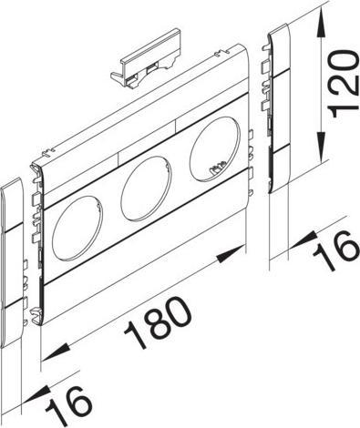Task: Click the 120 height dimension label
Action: coord(341,83)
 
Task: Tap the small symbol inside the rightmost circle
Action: coord(218,167)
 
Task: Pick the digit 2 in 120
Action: coord(341,84)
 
